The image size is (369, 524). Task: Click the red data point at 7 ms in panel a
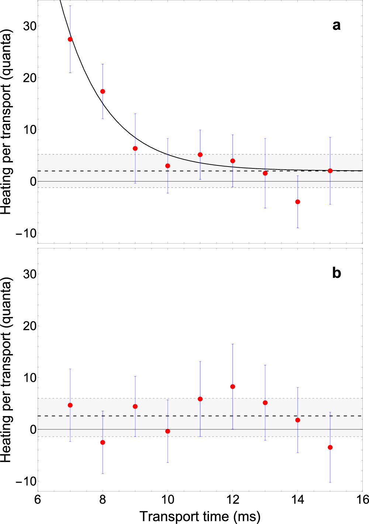70,39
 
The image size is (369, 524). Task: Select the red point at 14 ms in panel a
297,202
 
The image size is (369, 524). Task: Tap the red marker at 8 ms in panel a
103,91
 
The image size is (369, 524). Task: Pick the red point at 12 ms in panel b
232,387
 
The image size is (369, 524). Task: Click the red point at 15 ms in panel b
330,447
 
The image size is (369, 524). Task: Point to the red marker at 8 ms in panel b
103,443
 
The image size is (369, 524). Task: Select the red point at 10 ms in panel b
168,431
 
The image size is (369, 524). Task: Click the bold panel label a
336,25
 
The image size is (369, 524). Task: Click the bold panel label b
336,273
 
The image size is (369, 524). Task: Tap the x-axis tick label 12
232,500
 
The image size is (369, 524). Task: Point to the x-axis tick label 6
38,500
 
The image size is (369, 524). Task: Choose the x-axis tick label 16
362,500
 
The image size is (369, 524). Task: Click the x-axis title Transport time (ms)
200,516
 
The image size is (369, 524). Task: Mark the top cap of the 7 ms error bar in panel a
70,6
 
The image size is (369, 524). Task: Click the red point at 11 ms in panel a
200,155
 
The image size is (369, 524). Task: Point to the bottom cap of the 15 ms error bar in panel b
330,482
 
